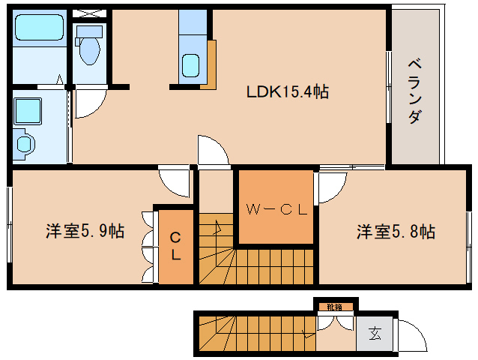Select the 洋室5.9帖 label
85,232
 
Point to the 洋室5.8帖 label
395,232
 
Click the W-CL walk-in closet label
275,210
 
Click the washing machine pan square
30,112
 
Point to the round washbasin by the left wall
25,143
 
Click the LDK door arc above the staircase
213,149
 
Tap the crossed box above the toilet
91,14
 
